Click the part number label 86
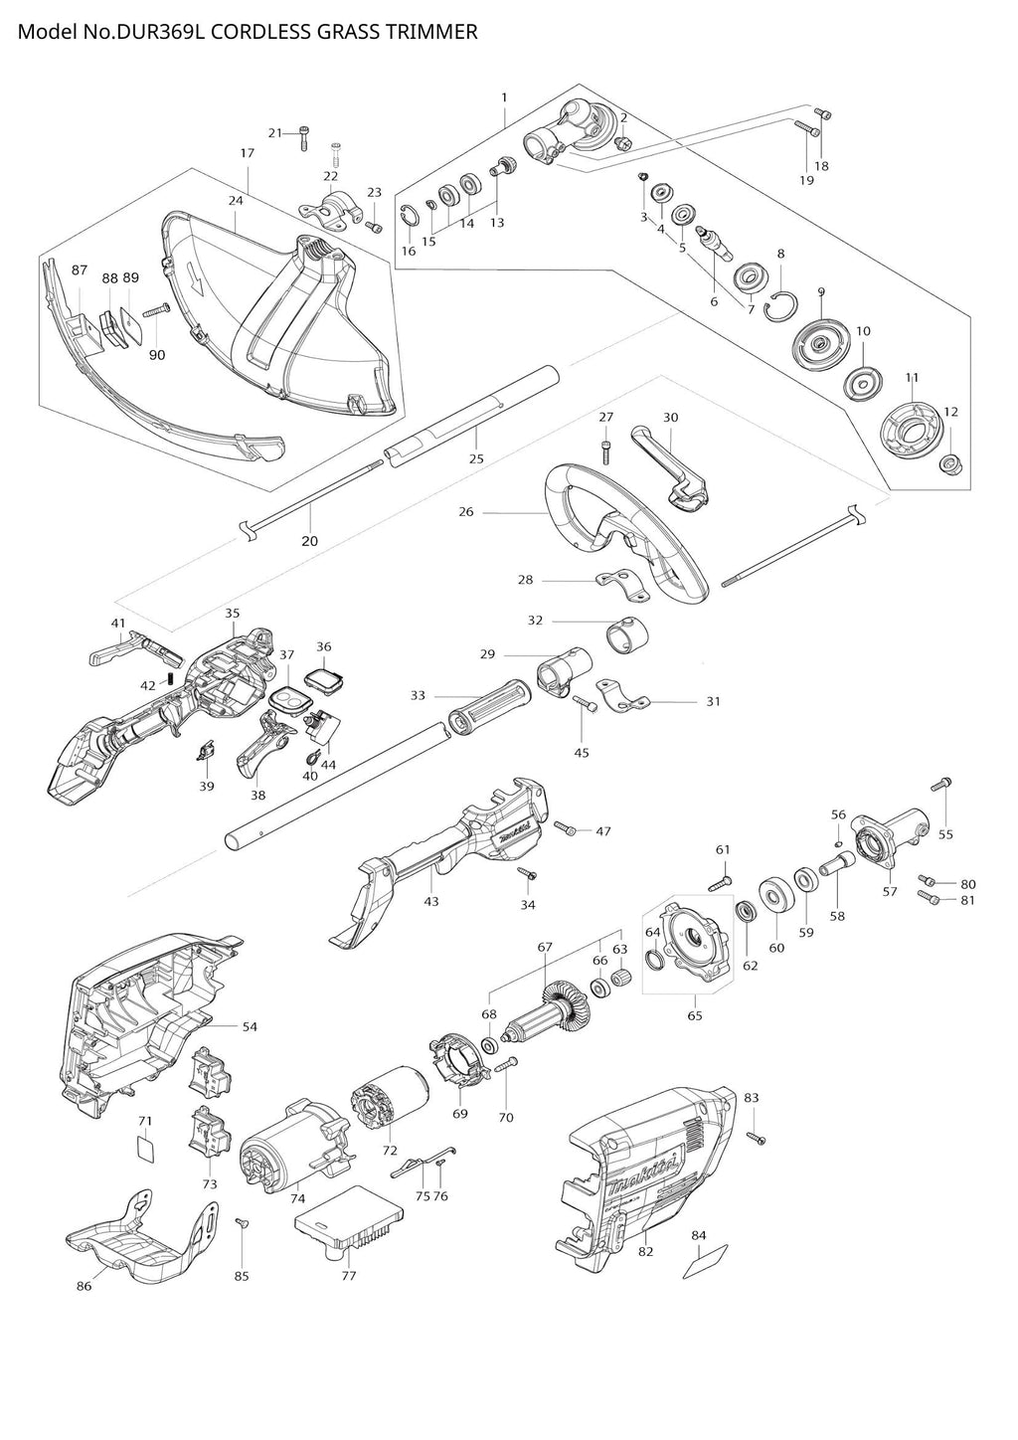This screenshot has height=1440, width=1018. click(84, 1286)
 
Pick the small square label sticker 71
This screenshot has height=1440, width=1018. click(145, 1150)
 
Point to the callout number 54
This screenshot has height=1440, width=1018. click(250, 1026)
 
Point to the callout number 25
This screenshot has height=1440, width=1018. click(476, 458)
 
